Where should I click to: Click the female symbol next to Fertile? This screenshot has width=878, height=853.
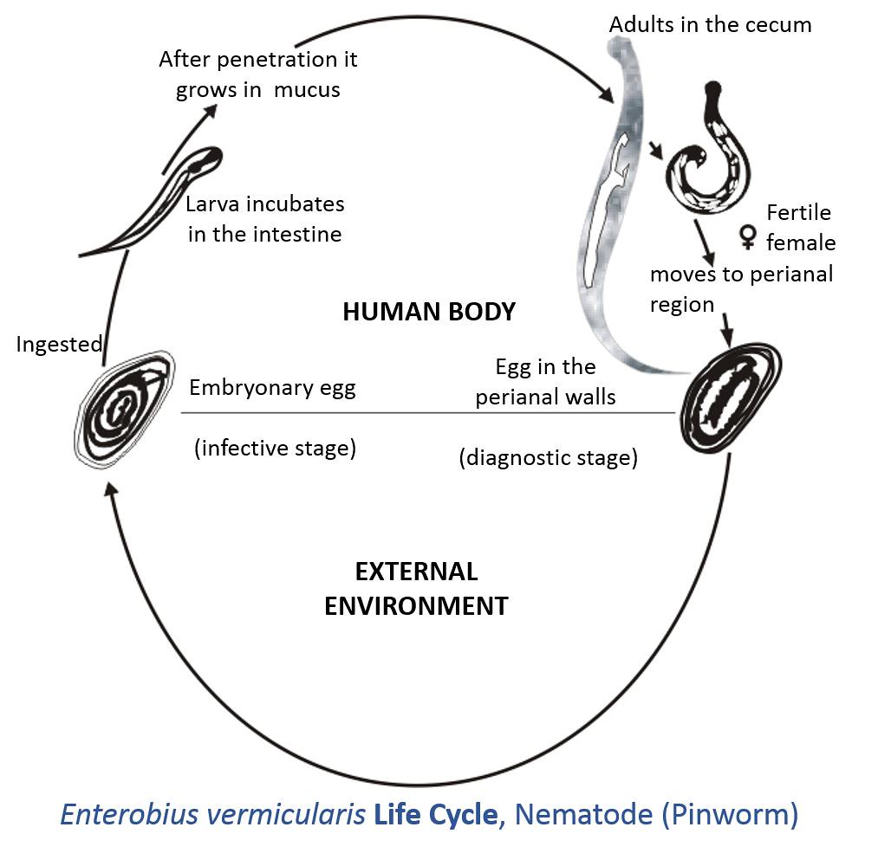click(747, 236)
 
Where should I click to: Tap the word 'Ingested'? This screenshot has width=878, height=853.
click(59, 344)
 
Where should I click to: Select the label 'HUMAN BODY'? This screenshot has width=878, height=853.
click(429, 312)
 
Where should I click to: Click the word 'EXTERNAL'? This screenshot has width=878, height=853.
click(416, 572)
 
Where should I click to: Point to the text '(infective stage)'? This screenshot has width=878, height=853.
click(275, 449)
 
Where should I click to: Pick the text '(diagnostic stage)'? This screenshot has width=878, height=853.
click(548, 457)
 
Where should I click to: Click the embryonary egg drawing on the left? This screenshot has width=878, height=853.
click(124, 405)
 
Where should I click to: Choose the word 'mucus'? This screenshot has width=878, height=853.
click(307, 90)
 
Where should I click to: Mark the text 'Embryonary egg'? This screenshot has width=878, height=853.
click(272, 387)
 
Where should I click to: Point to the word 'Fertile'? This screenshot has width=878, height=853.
click(798, 213)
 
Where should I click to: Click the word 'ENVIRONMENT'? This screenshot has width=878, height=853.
click(416, 605)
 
